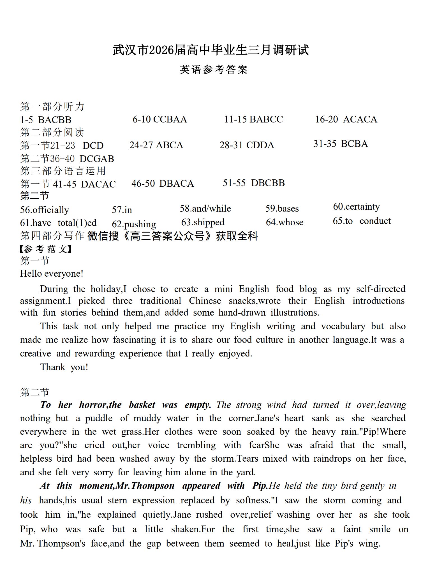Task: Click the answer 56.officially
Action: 44,210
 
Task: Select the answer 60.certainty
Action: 356,207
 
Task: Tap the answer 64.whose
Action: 285,222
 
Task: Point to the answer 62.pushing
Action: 134,224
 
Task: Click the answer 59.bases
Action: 282,209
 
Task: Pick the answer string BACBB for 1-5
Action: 55,120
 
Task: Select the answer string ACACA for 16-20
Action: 360,119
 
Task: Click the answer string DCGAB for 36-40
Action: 97,159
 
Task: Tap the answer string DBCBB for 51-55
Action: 268,183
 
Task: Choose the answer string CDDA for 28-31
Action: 260,145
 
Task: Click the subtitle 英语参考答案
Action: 214,70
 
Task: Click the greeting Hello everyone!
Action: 52,274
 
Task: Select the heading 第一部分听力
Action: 52,107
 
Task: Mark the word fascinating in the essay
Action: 135,340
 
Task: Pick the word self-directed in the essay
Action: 381,289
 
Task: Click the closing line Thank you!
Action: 64,367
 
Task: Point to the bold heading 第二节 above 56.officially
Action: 34,196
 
